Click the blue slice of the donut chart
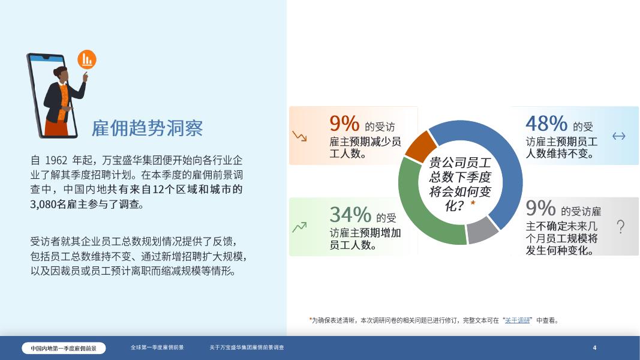[510, 174]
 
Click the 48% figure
[546, 124]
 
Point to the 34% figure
[350, 214]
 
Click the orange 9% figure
[344, 124]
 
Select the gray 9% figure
[540, 209]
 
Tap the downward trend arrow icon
[299, 136]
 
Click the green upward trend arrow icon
[299, 227]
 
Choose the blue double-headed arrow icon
[618, 136]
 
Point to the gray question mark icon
[620, 227]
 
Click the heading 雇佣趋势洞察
[147, 128]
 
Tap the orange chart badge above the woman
[87, 59]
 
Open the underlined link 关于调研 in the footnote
[518, 320]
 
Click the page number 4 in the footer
[594, 348]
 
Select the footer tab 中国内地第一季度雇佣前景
[64, 348]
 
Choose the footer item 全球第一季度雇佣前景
[157, 347]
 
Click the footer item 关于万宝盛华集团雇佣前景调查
[247, 347]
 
